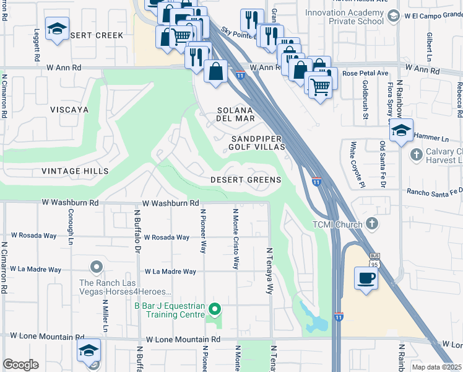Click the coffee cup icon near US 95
click(366, 278)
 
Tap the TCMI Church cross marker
click(371, 223)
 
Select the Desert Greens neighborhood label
click(245, 180)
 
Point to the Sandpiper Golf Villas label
click(257, 143)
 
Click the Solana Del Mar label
click(235, 114)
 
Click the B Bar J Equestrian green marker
click(215, 308)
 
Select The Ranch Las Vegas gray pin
click(96, 267)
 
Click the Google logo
click(20, 365)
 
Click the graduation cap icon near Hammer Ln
click(401, 131)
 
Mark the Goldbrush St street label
click(366, 99)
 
